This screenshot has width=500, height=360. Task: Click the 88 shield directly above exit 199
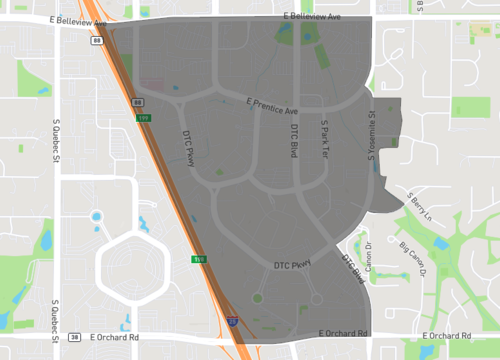[138, 103]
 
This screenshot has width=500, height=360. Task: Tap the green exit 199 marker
[142, 117]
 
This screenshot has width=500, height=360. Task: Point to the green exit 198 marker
[199, 258]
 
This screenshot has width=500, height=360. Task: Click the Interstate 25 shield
[232, 322]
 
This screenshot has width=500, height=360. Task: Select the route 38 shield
[74, 338]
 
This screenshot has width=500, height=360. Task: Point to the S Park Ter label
[325, 136]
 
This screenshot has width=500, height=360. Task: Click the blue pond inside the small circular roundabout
[97, 216]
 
